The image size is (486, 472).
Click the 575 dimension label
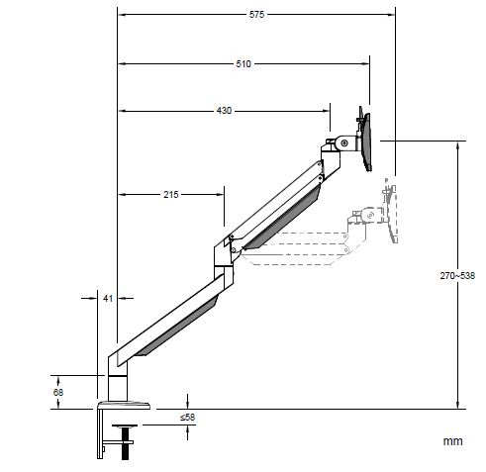(256, 15)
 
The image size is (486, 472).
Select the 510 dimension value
(243, 64)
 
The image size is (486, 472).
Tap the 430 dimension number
(224, 111)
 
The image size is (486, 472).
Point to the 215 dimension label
(171, 195)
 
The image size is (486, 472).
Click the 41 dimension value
(108, 299)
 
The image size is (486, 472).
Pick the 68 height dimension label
(58, 392)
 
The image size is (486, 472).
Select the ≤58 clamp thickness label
(187, 418)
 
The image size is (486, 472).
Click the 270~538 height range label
(457, 276)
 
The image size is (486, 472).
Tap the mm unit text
(452, 441)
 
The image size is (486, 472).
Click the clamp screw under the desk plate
(125, 441)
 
